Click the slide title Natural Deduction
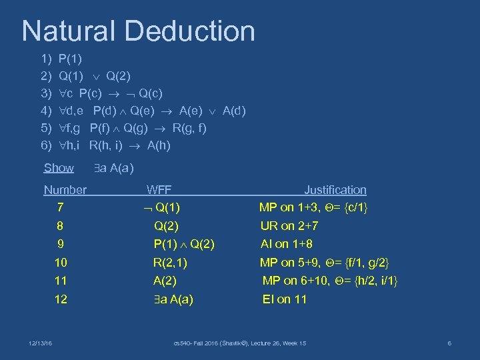(138, 31)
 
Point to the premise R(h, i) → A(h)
(115, 145)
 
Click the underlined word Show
(59, 167)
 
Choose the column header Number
(65, 190)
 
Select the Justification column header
(335, 190)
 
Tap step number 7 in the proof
(61, 207)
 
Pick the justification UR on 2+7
(289, 226)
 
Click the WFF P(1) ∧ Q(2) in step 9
(184, 244)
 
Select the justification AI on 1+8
(287, 244)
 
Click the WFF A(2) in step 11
(165, 281)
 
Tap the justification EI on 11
(285, 299)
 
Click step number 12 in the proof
(61, 299)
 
